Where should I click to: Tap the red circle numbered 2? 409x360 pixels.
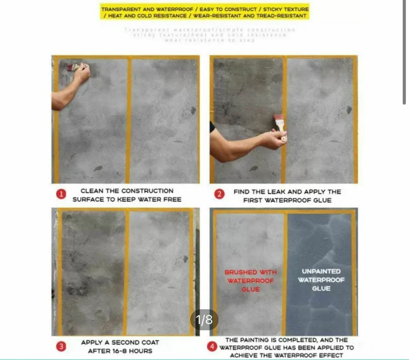[x=219, y=195]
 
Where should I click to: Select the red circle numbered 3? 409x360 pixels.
[x=61, y=346]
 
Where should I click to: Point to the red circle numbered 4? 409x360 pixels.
[x=212, y=347]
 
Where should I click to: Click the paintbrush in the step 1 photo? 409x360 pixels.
[x=74, y=67]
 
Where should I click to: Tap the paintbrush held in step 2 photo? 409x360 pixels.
[x=280, y=124]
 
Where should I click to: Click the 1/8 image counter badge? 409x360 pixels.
[x=204, y=319]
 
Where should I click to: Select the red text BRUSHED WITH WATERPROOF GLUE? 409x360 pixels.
[x=250, y=281]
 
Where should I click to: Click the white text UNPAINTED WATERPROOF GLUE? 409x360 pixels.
[x=321, y=280]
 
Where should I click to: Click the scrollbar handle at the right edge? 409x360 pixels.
[x=404, y=52]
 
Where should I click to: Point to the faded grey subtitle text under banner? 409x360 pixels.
[x=210, y=35]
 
